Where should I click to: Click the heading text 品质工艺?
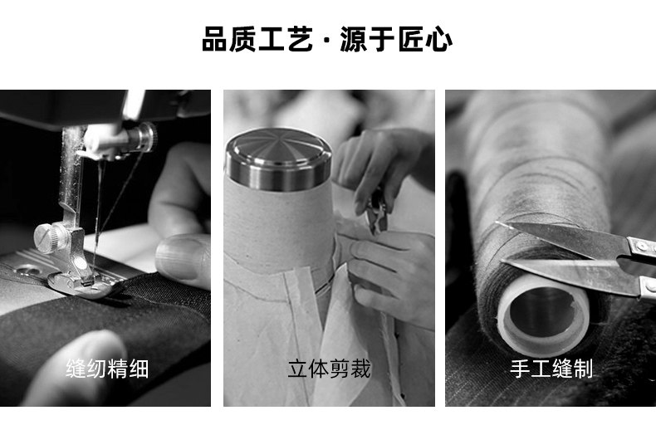click(x=257, y=39)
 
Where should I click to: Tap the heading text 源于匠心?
click(x=396, y=39)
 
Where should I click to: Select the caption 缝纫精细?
click(x=107, y=369)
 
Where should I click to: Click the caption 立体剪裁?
click(x=330, y=369)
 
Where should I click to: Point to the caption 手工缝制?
click(x=551, y=369)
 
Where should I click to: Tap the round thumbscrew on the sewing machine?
click(x=47, y=238)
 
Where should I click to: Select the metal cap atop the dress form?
click(x=278, y=159)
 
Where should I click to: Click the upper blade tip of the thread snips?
click(x=498, y=223)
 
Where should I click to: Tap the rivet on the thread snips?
click(x=643, y=246)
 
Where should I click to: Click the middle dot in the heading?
click(x=326, y=41)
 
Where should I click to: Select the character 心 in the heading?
click(x=439, y=39)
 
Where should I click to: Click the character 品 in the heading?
click(x=215, y=39)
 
